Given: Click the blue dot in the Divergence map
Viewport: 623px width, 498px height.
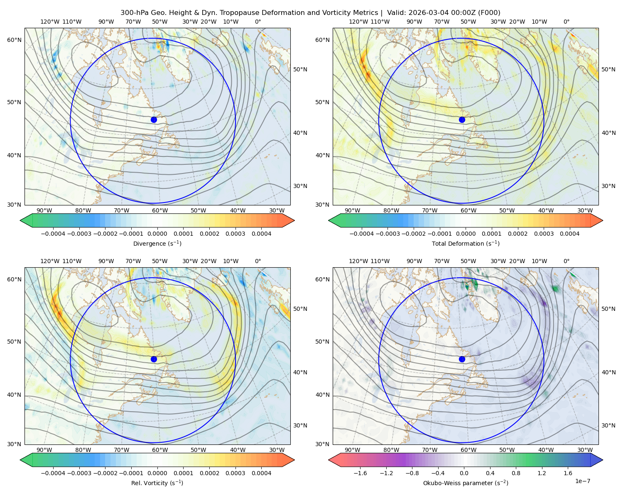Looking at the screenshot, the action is coord(154,120).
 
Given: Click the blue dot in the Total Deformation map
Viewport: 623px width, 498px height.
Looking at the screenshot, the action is coord(462,120).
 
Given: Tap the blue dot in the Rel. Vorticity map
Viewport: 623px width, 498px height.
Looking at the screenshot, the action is coord(154,359).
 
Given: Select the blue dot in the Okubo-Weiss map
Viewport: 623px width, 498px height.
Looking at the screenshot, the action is coord(462,359).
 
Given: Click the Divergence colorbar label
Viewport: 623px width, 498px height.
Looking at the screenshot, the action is coord(157,244).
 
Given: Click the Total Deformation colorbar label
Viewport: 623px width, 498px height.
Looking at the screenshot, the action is coord(466,244).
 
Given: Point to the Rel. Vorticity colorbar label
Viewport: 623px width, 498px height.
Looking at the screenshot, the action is coord(157,483).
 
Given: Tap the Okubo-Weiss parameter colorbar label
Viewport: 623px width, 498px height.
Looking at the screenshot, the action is coord(466,483).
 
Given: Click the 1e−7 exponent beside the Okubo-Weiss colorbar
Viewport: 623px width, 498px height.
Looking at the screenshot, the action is coord(582,481).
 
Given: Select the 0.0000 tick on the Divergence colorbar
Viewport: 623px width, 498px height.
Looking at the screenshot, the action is coord(157,234).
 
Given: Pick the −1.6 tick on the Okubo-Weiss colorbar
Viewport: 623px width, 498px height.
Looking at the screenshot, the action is coord(360,473).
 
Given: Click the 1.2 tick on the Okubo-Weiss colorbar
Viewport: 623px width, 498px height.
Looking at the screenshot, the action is coord(542,473).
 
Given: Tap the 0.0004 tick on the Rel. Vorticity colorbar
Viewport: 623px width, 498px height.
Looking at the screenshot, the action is coord(261,473).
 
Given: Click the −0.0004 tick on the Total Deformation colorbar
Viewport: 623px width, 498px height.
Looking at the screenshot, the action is coord(362,234).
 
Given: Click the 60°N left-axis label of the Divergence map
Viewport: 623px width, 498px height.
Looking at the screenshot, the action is coord(14,40).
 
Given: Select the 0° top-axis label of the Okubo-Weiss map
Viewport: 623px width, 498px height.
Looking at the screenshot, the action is coord(566,261).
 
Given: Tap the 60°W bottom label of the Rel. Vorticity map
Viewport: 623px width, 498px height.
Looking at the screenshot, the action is coord(160,450).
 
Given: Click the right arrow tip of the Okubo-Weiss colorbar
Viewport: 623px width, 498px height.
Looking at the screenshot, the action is coord(603,460).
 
